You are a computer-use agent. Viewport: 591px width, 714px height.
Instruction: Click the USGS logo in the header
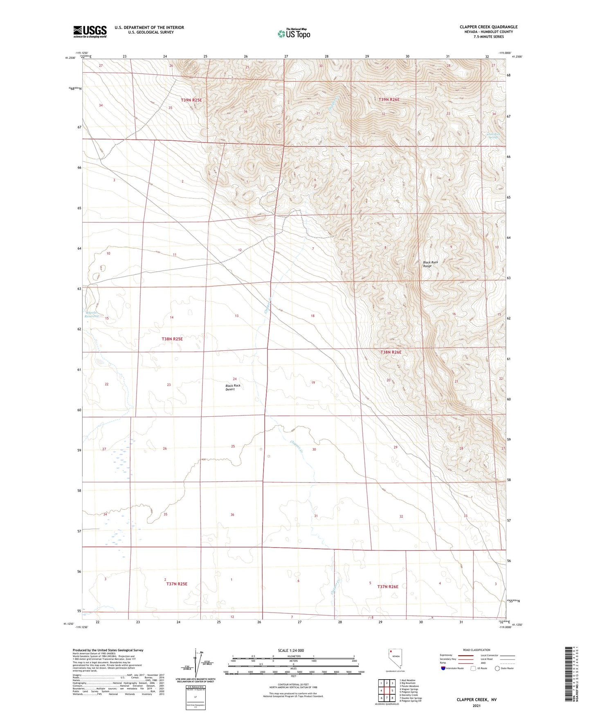click(x=90, y=31)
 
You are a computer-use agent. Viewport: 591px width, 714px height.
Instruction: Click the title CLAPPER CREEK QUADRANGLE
click(x=488, y=27)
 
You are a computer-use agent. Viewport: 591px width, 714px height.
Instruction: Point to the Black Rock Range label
click(x=430, y=264)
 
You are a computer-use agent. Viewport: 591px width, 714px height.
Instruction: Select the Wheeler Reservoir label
click(x=92, y=314)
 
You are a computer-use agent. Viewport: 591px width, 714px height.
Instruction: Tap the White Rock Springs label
click(x=493, y=135)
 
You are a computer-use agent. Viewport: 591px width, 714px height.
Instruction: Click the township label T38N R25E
click(x=172, y=339)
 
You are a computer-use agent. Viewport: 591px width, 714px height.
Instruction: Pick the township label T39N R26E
click(x=389, y=99)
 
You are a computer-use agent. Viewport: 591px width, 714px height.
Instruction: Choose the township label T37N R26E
click(x=387, y=586)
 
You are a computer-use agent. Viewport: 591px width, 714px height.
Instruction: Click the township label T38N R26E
click(x=391, y=352)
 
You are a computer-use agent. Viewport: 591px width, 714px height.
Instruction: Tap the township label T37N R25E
click(x=177, y=584)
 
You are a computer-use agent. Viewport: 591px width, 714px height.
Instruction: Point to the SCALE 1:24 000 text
click(x=291, y=650)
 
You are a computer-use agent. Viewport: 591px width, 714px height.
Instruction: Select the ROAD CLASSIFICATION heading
click(x=476, y=650)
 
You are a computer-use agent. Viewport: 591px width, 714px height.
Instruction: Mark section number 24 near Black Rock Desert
click(x=235, y=379)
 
